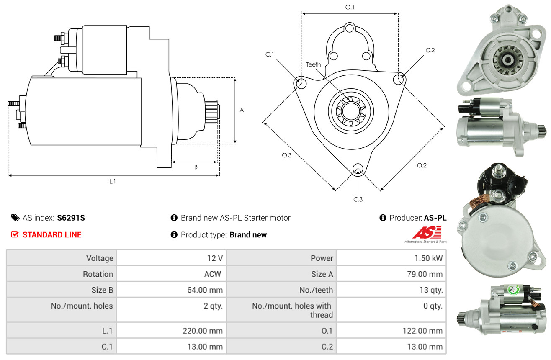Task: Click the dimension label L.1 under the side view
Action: tap(112, 181)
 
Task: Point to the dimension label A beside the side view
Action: tap(242, 111)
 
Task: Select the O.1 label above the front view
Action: tap(350, 7)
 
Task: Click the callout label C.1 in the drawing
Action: tap(269, 54)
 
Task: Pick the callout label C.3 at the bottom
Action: tap(358, 199)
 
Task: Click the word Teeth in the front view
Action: tap(313, 64)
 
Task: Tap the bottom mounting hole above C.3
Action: tap(358, 169)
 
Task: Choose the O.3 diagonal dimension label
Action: tap(286, 155)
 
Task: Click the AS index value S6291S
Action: tap(71, 218)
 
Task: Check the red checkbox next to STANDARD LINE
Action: tap(15, 234)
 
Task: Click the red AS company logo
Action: tap(427, 232)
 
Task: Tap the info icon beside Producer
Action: tap(383, 218)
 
